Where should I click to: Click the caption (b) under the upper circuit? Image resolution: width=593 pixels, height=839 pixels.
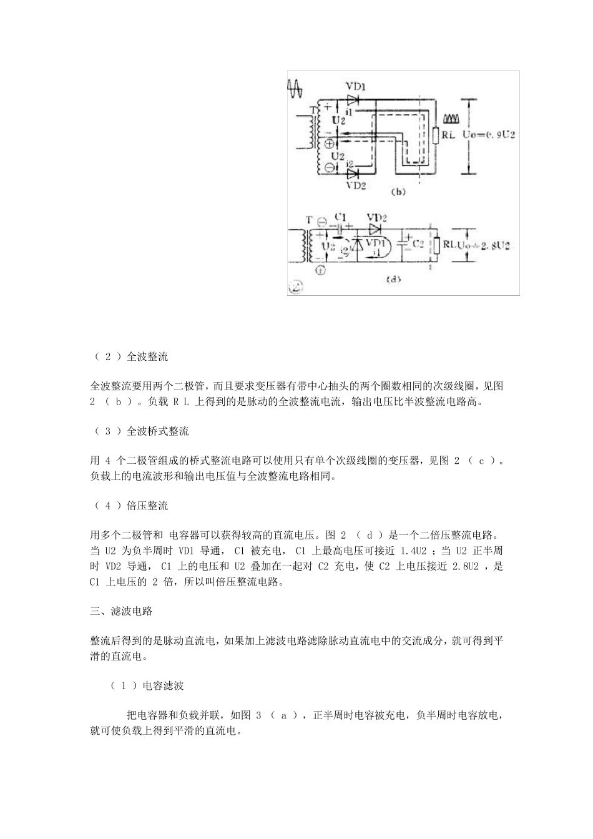click(x=398, y=192)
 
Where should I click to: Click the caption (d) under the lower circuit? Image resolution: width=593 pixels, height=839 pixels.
click(x=394, y=279)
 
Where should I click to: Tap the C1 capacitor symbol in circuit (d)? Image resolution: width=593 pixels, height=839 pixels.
click(x=341, y=228)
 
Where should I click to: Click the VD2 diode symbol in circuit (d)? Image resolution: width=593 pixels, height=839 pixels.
click(x=375, y=228)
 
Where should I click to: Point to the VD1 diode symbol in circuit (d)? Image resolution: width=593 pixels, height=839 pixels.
click(x=358, y=244)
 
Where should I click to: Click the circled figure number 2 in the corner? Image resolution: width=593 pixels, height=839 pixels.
click(x=295, y=287)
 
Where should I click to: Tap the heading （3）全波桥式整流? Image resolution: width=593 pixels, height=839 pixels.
click(x=140, y=431)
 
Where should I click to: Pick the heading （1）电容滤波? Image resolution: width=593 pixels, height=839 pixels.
click(x=147, y=685)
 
